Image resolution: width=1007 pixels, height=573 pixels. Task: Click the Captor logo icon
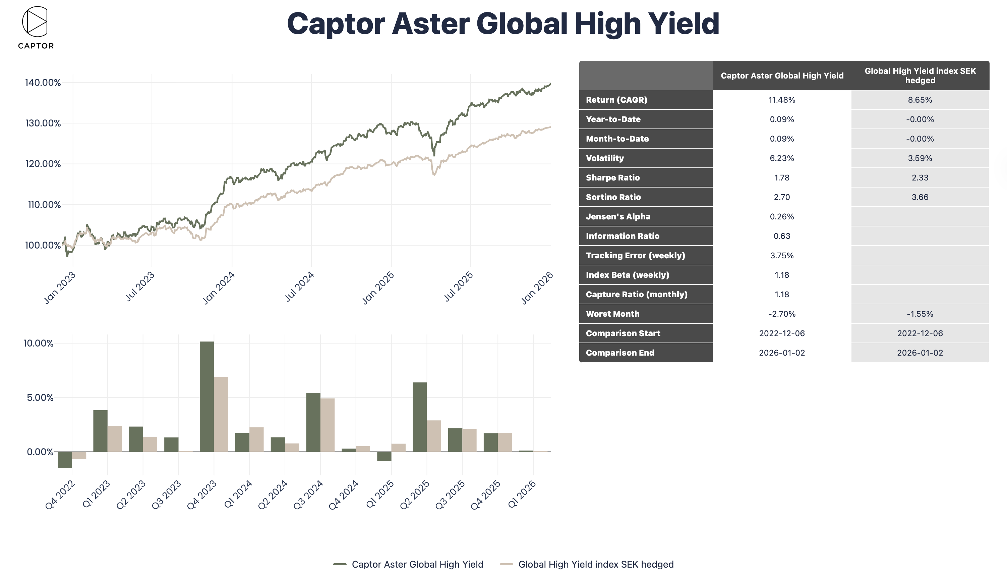click(x=35, y=22)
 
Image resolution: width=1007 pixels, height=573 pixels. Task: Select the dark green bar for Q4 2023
click(x=207, y=396)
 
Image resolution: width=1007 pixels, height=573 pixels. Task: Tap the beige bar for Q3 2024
click(x=327, y=425)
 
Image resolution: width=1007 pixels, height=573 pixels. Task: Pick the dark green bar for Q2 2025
click(x=420, y=417)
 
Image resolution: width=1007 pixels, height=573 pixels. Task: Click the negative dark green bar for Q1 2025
click(x=384, y=456)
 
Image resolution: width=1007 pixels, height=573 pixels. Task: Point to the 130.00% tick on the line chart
click(x=43, y=123)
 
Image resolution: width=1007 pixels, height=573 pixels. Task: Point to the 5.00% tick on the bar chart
click(x=40, y=398)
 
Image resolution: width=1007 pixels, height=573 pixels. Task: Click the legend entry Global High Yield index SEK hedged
click(x=595, y=564)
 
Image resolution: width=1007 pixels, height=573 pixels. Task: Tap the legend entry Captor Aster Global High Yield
click(x=417, y=564)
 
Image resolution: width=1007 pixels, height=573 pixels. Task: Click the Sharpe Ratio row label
click(x=613, y=177)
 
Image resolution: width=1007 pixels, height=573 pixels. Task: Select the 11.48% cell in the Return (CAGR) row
click(x=782, y=100)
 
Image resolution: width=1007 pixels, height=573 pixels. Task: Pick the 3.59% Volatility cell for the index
click(x=920, y=158)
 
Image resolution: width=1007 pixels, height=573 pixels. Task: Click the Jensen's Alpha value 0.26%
click(x=782, y=216)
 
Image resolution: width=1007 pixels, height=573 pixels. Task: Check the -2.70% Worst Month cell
click(x=782, y=314)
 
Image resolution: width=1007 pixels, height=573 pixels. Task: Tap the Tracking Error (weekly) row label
click(x=635, y=255)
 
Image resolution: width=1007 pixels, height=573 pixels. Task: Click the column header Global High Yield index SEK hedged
click(x=920, y=75)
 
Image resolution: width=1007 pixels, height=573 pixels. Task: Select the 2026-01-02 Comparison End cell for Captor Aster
click(x=782, y=353)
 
